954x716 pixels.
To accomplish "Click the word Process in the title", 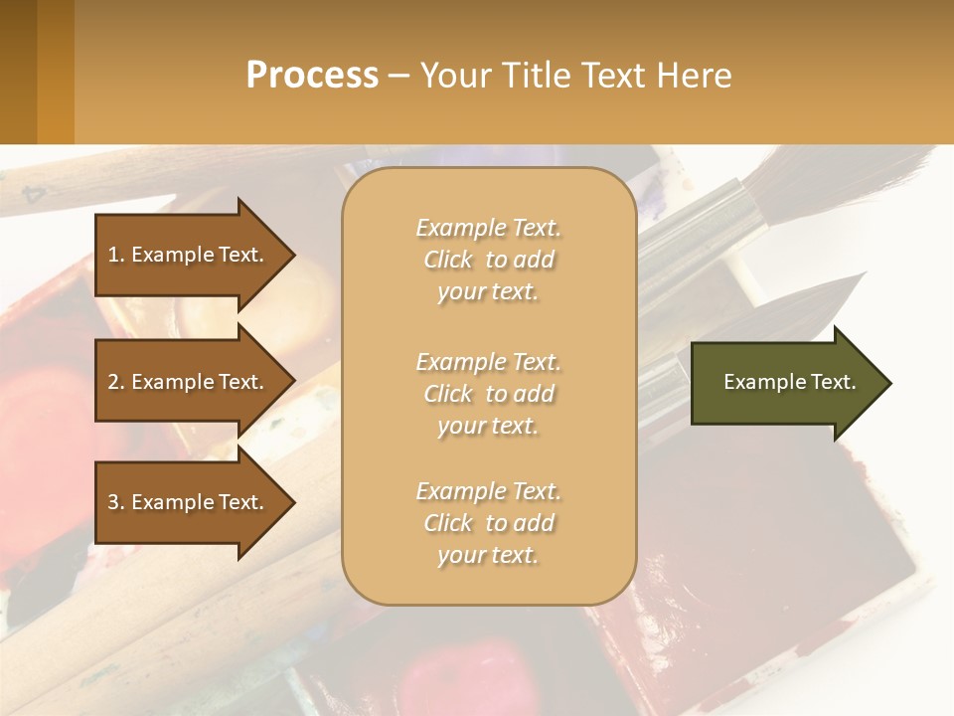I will point(312,76).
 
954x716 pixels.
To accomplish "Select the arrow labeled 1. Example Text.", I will point(189,255).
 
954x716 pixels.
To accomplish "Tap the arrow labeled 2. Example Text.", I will point(189,382).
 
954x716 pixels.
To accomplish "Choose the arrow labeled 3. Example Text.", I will point(189,502).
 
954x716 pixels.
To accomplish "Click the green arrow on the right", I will point(785,383).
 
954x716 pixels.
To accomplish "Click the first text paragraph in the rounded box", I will point(488,260).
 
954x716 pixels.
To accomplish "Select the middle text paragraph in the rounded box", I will point(488,394).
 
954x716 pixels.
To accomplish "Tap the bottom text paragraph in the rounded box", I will point(488,523).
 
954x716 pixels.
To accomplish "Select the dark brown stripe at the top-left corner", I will point(18,72).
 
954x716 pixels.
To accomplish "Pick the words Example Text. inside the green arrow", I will point(790,382).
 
